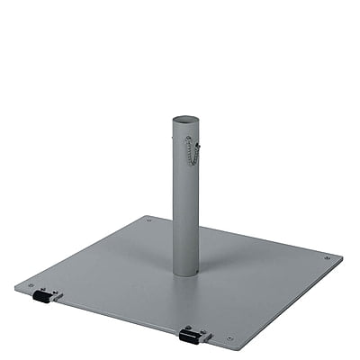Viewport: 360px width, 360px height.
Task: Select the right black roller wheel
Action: [189, 337]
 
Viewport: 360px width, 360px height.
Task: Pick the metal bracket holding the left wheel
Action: [54, 293]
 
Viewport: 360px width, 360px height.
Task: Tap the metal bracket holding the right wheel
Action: [203, 333]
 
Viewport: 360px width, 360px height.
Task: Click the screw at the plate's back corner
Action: [149, 219]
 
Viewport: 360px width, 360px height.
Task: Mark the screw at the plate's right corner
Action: [326, 258]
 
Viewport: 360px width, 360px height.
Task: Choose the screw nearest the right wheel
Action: [229, 338]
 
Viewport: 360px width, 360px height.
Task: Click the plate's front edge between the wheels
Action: [117, 319]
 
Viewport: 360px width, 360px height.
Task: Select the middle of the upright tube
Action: [186, 198]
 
